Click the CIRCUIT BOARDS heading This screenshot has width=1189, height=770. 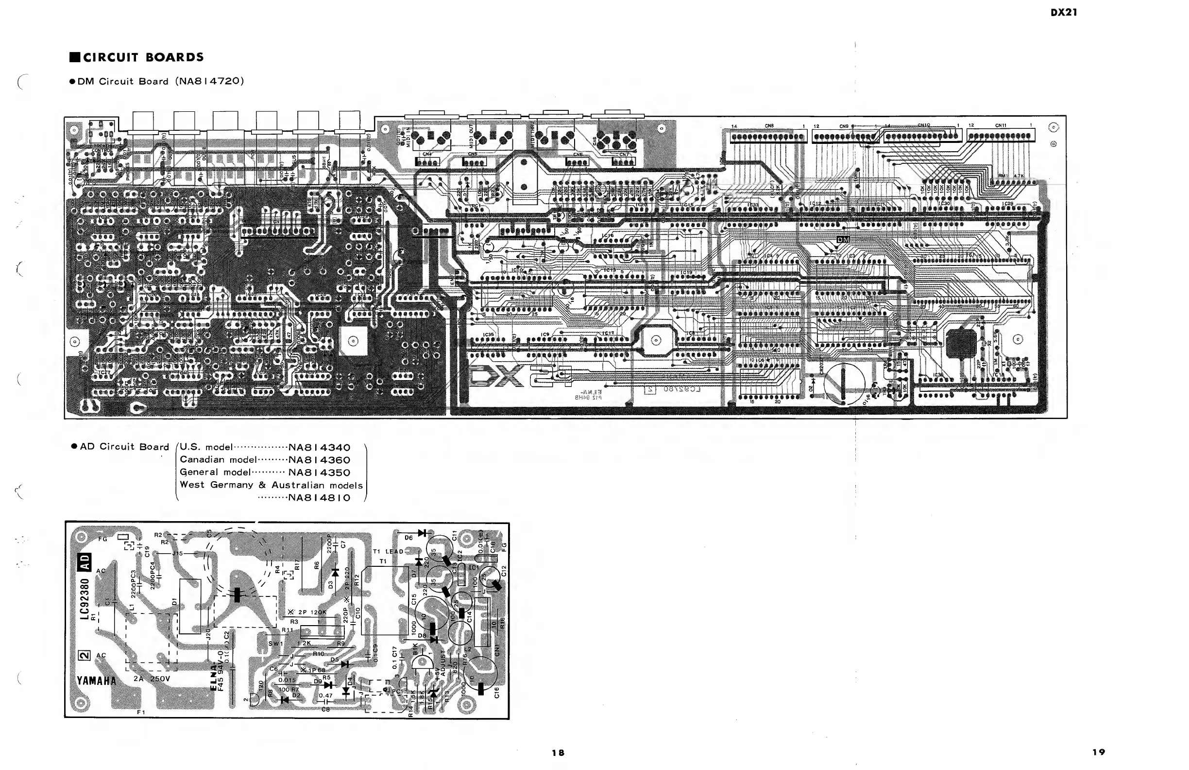click(x=143, y=57)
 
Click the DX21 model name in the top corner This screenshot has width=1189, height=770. click(x=1064, y=13)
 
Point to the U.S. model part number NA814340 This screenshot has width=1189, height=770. click(x=319, y=448)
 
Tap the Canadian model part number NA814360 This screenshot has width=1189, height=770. click(x=319, y=460)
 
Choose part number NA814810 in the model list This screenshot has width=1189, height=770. click(x=319, y=497)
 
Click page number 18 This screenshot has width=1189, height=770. click(x=558, y=752)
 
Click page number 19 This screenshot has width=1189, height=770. click(x=1099, y=752)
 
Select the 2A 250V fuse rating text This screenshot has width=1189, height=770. click(x=152, y=679)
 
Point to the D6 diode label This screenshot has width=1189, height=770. click(x=408, y=538)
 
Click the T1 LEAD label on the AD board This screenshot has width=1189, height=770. click(x=388, y=552)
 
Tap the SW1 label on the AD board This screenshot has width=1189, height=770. click(x=275, y=644)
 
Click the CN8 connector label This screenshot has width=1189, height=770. click(x=769, y=126)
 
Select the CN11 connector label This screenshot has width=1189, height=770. click(x=1001, y=125)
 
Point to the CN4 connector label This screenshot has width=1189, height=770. click(x=427, y=154)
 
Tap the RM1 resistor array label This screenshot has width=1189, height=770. click(x=1002, y=175)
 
